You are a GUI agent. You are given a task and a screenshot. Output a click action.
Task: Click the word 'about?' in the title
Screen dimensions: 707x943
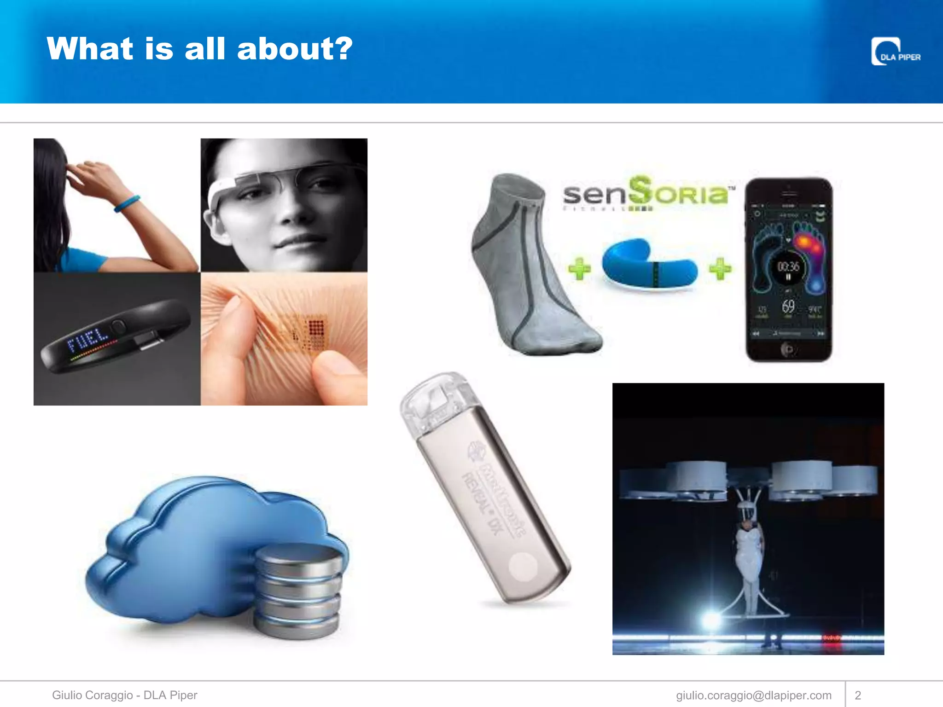click(295, 49)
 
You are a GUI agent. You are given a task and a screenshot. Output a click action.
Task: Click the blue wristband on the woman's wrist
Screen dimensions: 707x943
click(127, 204)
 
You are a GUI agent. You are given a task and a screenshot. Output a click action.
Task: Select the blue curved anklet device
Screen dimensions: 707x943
click(649, 265)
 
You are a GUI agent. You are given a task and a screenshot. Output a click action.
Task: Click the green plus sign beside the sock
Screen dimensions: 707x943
click(579, 268)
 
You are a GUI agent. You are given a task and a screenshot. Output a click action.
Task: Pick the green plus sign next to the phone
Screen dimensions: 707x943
click(720, 268)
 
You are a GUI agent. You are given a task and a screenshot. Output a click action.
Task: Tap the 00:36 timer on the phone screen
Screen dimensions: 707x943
click(788, 267)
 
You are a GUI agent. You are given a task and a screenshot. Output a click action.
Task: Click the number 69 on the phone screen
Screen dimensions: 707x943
click(788, 306)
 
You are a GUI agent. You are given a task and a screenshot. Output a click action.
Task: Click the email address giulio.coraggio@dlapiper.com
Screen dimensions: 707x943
click(753, 695)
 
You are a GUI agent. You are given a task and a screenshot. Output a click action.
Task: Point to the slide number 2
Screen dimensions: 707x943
click(858, 695)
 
